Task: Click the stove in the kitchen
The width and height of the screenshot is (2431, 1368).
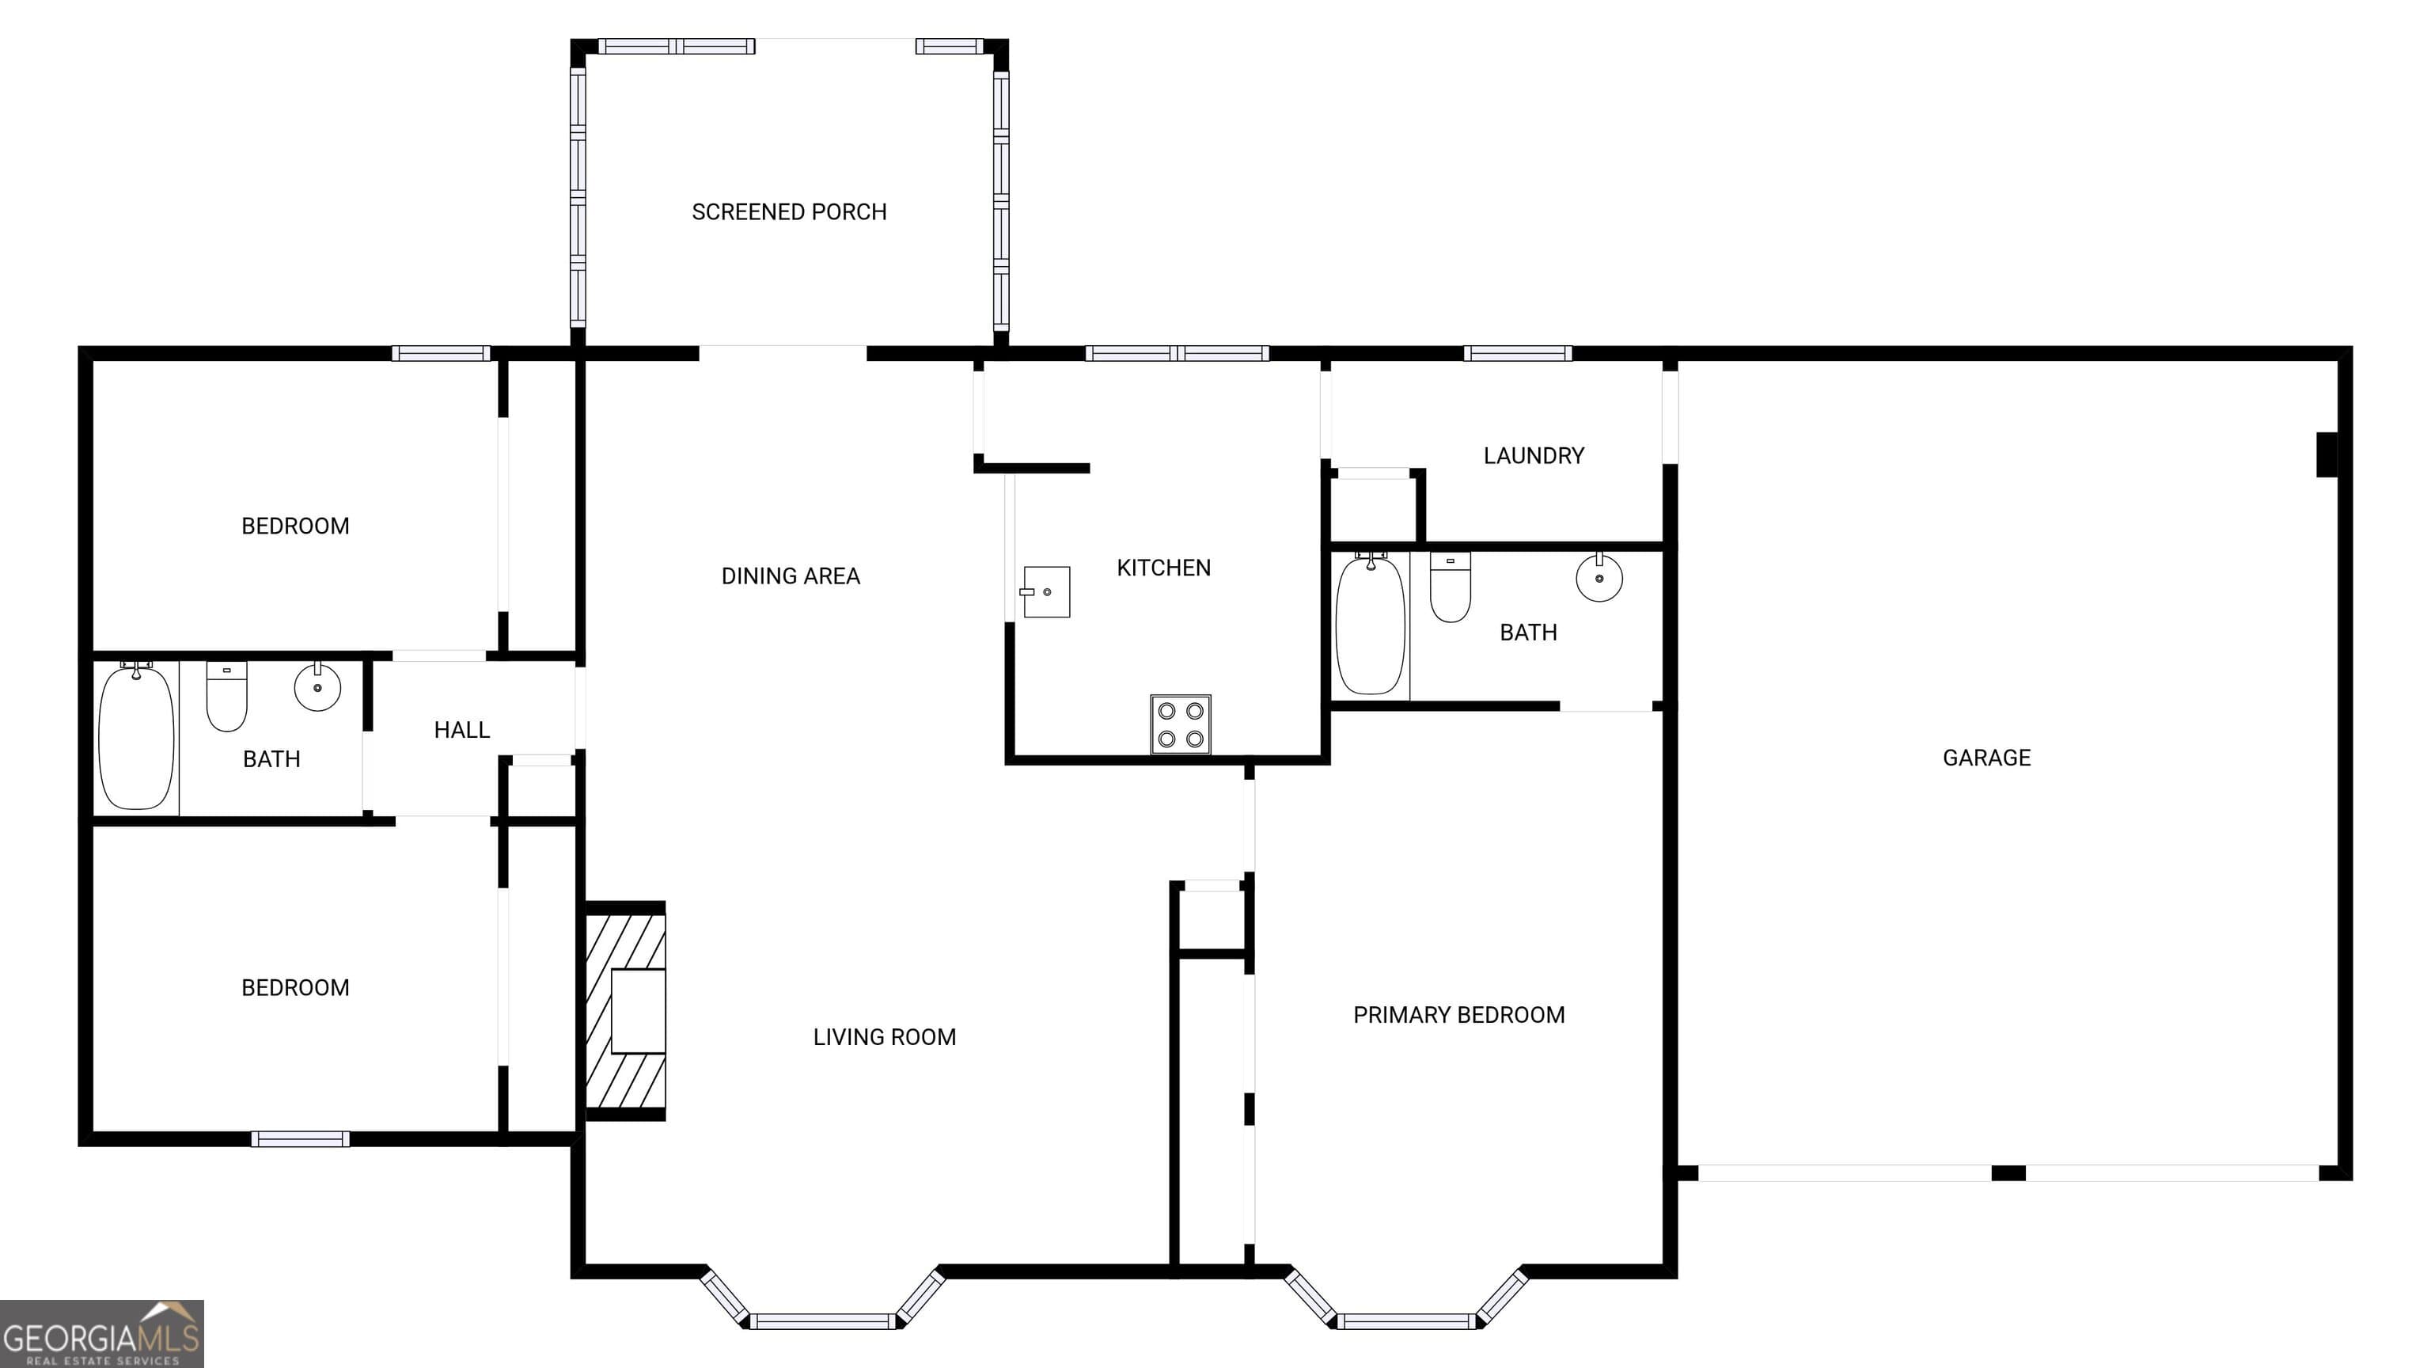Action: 1181,724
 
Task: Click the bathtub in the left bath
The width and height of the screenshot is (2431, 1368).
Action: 137,737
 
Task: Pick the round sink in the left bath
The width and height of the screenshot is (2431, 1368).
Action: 317,686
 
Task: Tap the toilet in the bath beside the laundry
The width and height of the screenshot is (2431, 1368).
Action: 1451,587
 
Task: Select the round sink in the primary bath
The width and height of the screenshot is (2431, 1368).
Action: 1599,578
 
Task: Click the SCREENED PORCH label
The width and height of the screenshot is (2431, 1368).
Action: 789,211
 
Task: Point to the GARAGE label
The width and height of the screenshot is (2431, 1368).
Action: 1986,757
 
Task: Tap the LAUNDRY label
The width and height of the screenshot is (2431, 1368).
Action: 1534,456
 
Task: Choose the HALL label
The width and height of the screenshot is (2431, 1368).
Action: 461,730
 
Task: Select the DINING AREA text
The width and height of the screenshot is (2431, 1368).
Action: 791,576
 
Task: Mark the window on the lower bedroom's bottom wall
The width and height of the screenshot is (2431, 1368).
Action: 300,1139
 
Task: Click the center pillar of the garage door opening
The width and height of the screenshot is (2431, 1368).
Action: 2008,1172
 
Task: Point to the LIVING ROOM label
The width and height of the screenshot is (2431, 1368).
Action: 884,1036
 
